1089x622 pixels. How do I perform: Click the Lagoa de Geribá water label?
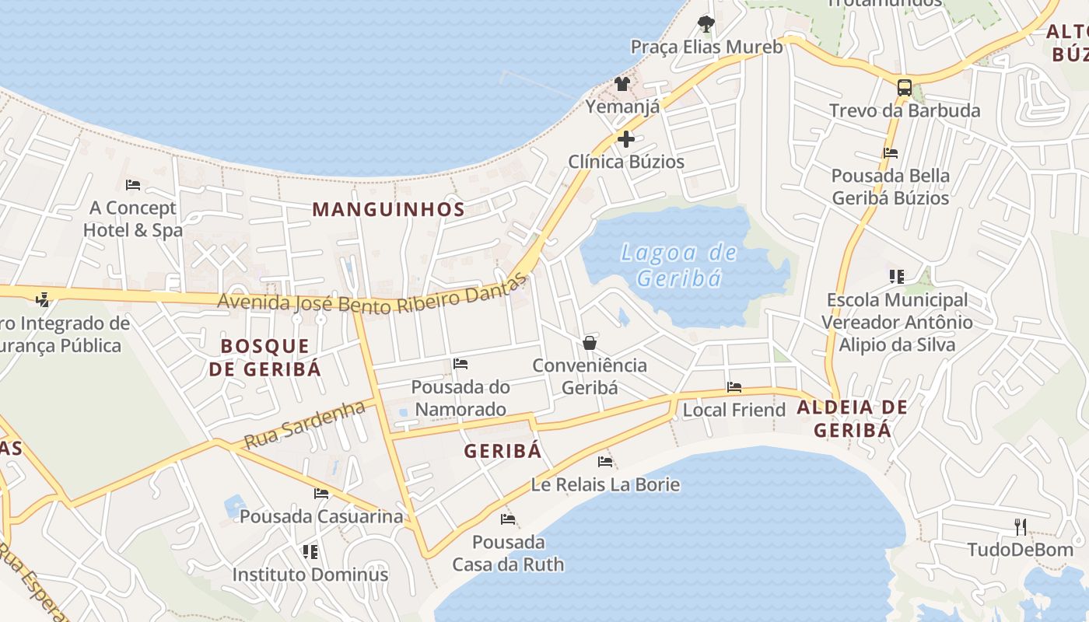point(678,265)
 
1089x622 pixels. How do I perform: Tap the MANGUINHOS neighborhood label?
point(388,209)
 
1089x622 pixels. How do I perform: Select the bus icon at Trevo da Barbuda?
point(904,87)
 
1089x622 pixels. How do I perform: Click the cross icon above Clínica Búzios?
point(625,139)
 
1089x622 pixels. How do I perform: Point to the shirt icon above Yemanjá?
point(622,83)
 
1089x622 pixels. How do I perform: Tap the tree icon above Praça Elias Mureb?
point(706,23)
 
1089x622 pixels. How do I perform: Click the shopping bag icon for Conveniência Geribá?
point(590,342)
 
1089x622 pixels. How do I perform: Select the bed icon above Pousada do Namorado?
point(460,364)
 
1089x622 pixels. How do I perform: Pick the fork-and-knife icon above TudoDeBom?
point(1020,526)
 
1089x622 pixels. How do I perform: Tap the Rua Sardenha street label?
point(304,425)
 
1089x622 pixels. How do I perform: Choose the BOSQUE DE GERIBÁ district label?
point(264,357)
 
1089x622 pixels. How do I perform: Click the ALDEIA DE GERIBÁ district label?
point(852,418)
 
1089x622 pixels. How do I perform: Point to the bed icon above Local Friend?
point(734,387)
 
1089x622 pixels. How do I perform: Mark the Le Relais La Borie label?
point(605,485)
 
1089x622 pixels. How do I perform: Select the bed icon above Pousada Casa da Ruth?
point(508,519)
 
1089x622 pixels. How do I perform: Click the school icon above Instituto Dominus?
point(310,552)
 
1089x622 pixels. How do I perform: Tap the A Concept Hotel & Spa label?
point(133,219)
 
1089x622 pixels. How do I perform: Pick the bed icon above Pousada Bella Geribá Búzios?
point(891,153)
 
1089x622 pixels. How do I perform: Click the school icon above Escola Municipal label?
point(896,276)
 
